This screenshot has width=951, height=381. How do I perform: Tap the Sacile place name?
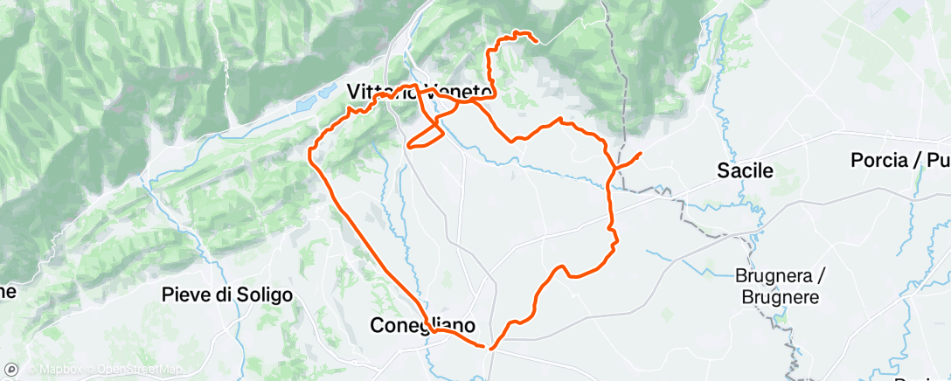click(x=745, y=171)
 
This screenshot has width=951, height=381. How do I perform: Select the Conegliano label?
click(x=423, y=326)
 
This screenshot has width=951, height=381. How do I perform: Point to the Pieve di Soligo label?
click(x=227, y=295)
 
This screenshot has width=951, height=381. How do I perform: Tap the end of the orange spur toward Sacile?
click(x=641, y=154)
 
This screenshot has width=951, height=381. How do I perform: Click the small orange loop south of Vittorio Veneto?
click(x=426, y=135)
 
